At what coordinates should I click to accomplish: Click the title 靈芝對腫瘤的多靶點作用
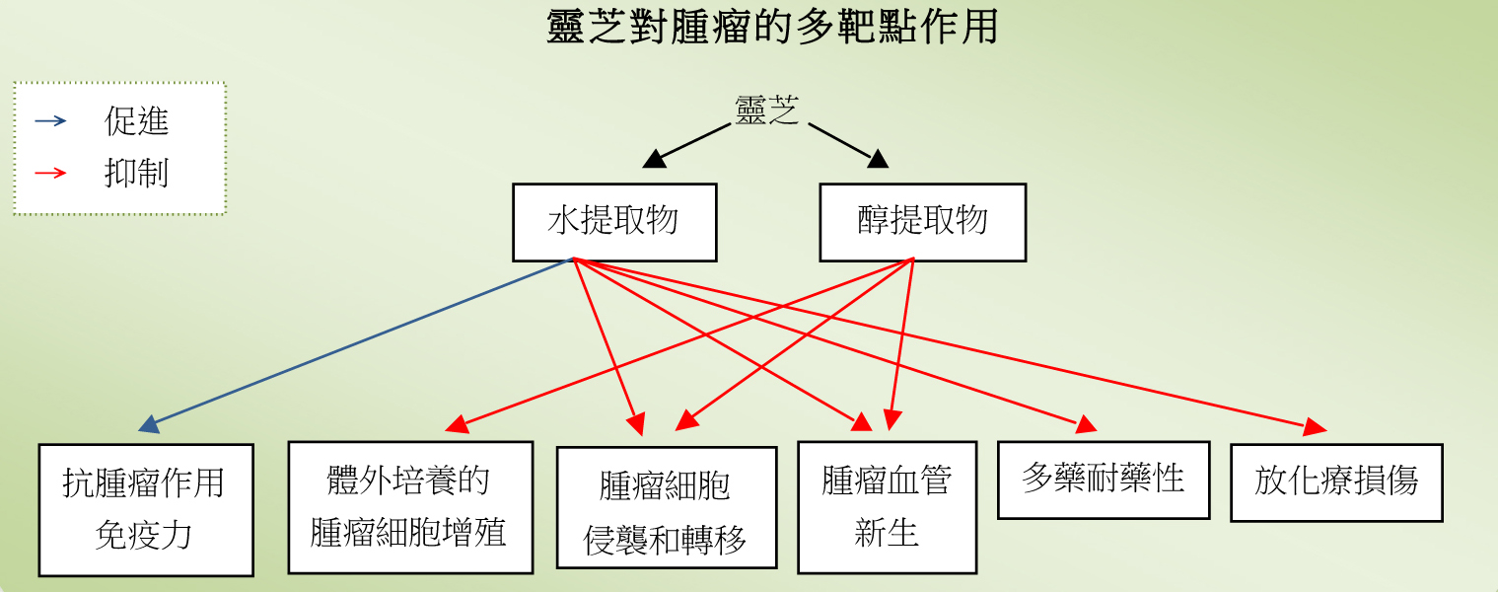point(772,27)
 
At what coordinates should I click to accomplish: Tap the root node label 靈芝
point(766,111)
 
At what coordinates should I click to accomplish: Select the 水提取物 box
point(614,222)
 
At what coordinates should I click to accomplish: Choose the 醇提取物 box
point(922,222)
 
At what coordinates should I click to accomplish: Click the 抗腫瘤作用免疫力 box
point(146,509)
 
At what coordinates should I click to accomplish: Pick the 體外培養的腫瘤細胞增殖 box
point(410,506)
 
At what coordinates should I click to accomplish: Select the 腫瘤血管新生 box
point(887,507)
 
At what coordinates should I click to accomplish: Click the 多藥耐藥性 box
point(1103,480)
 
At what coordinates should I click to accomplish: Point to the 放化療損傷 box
point(1336,481)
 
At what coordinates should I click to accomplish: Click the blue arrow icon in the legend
point(50,121)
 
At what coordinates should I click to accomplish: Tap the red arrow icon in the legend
point(50,173)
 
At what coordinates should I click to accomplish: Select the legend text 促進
point(136,121)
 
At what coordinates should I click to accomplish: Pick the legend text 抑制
point(136,173)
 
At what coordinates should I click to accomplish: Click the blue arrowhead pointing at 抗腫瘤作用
point(150,425)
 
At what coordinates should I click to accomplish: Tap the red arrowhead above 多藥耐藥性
point(1086,425)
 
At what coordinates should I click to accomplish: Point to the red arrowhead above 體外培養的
point(457,425)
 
